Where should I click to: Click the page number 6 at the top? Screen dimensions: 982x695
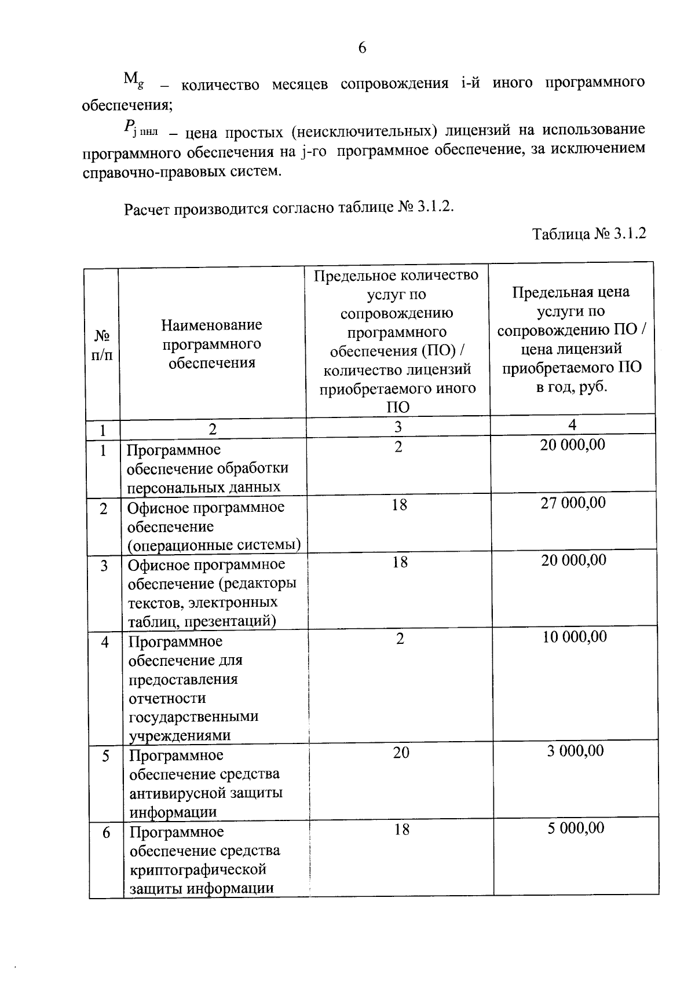(x=362, y=47)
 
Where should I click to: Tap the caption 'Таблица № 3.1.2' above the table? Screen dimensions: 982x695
(x=588, y=234)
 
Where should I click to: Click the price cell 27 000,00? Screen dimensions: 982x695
(x=573, y=502)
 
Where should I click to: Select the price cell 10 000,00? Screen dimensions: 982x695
(x=575, y=637)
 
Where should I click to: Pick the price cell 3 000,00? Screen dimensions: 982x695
(x=575, y=751)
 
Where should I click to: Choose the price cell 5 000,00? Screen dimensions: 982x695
(x=576, y=828)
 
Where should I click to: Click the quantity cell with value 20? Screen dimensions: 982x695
(x=401, y=752)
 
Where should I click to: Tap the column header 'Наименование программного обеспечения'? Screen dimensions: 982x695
(x=211, y=344)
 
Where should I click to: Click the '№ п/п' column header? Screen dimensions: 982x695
(x=102, y=345)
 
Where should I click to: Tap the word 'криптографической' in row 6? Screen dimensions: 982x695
(x=197, y=870)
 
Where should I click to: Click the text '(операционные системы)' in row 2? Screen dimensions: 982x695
(x=214, y=545)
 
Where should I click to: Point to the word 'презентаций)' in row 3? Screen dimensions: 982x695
(x=238, y=621)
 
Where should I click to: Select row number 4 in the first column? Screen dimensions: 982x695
(x=105, y=642)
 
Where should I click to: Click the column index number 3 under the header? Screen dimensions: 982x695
(x=398, y=427)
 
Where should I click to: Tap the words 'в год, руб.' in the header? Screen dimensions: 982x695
(x=571, y=387)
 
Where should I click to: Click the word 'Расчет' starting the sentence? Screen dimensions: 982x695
(x=145, y=209)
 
